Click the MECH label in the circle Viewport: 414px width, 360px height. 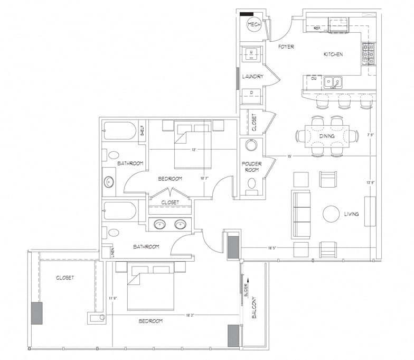click(254, 25)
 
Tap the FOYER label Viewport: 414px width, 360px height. click(286, 47)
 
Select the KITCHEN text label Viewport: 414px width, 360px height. click(333, 54)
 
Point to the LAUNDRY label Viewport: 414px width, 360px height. click(252, 77)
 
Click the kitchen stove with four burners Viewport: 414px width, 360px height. click(368, 53)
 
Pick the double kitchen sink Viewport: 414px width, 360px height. click(333, 81)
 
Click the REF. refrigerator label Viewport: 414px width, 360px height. click(317, 28)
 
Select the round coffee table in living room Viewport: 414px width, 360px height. click(331, 214)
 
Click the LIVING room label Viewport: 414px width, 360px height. click(351, 214)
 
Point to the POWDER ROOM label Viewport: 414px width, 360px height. click(252, 167)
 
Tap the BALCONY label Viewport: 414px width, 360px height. click(254, 307)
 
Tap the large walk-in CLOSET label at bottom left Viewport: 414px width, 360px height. click(65, 278)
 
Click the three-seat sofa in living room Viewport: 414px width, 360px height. click(300, 215)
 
